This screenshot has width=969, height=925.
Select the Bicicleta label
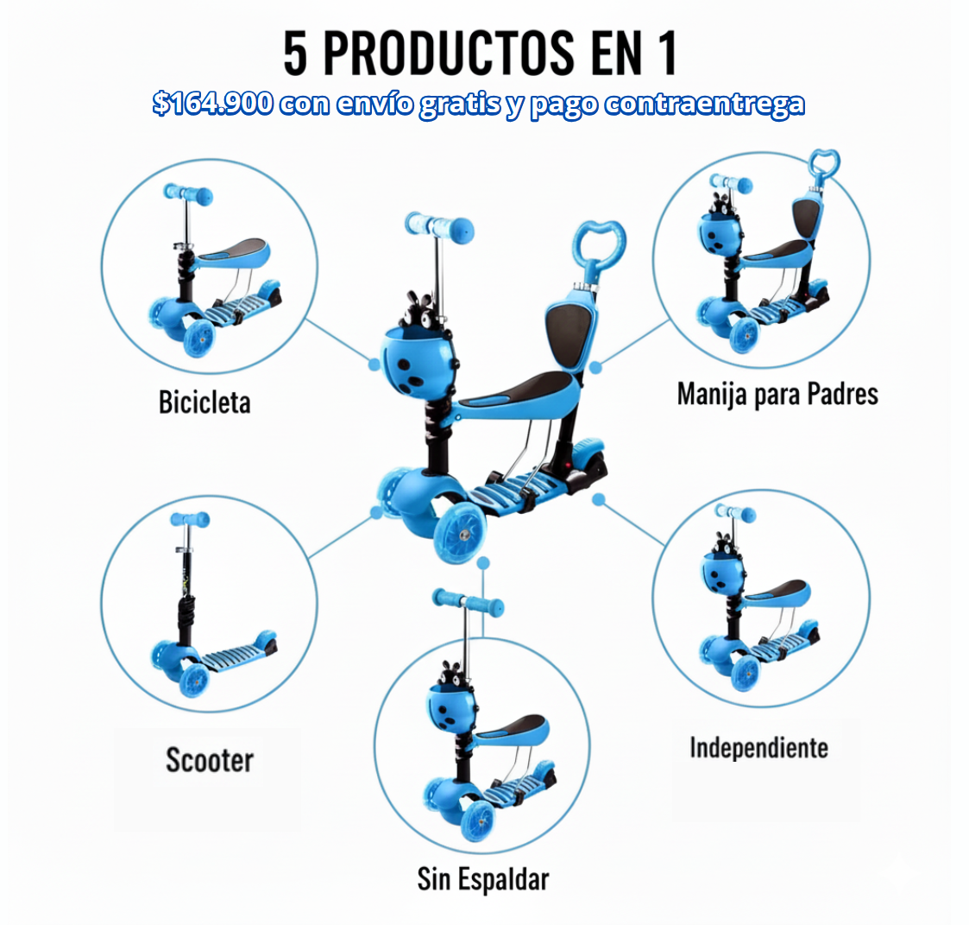pyautogui.click(x=204, y=402)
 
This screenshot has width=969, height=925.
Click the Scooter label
pyautogui.click(x=209, y=760)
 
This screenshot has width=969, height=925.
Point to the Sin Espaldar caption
pyautogui.click(x=483, y=879)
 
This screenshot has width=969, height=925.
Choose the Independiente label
pyautogui.click(x=758, y=747)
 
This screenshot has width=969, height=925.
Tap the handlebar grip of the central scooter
pyautogui.click(x=440, y=226)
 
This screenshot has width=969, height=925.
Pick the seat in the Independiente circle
pyautogui.click(x=777, y=592)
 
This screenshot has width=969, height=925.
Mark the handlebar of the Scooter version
pyautogui.click(x=189, y=519)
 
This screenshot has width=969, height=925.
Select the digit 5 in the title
pyautogui.click(x=295, y=54)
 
